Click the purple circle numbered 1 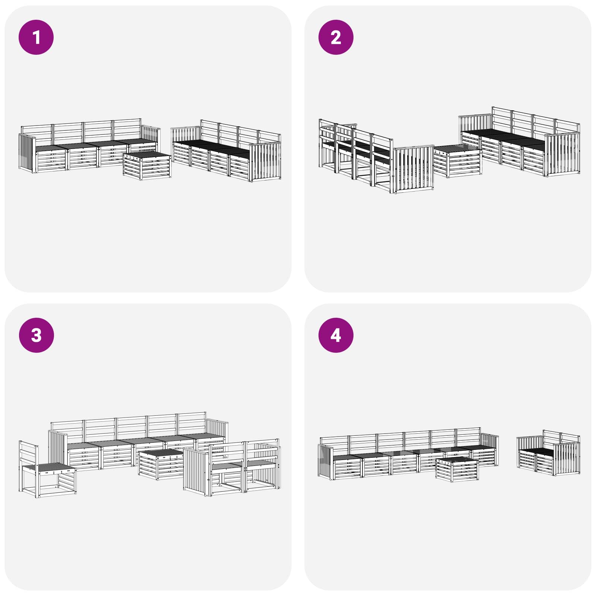point(36,37)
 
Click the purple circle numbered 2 point(336,37)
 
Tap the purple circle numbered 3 point(36,335)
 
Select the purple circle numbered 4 point(336,335)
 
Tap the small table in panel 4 point(457,469)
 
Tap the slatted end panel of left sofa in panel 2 point(414,169)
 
